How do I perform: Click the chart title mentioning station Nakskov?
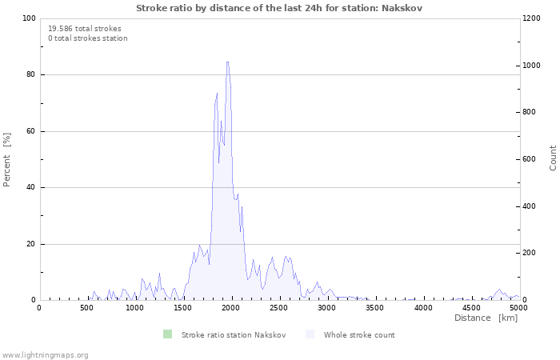point(279,8)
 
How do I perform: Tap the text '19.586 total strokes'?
point(85,29)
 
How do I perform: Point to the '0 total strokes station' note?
point(88,38)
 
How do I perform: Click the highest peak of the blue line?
point(227,62)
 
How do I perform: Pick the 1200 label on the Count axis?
point(531,18)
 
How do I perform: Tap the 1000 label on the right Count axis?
point(531,66)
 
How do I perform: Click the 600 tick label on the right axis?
point(530,159)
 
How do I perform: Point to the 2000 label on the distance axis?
point(230,308)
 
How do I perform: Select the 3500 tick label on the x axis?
point(374,308)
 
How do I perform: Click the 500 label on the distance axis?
point(86,308)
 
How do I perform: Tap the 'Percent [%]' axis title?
point(6,160)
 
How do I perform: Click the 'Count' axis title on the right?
point(553,158)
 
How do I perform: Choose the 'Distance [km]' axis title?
point(486,318)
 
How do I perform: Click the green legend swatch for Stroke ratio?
point(167,334)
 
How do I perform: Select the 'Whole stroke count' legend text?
point(359,335)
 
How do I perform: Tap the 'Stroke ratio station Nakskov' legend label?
point(234,335)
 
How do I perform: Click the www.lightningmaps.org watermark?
point(45,355)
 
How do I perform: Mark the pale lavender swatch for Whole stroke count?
point(310,334)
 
